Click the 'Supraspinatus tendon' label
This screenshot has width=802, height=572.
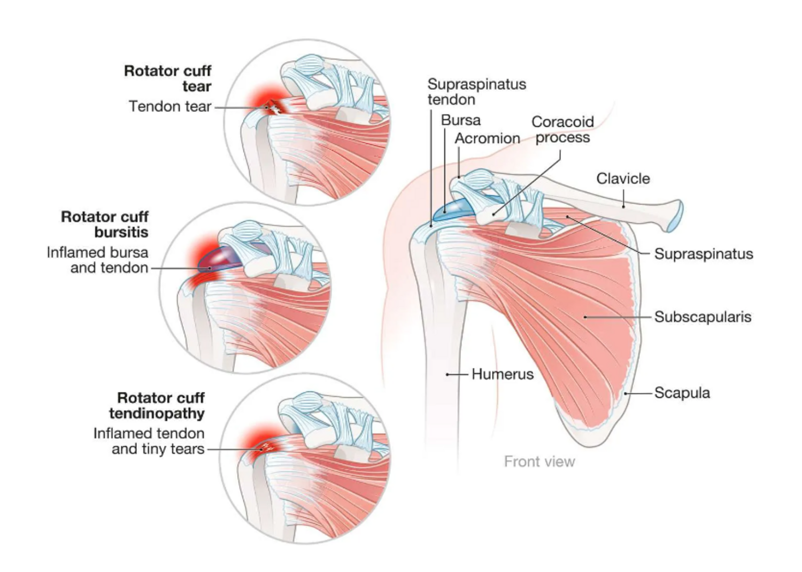[x=476, y=92]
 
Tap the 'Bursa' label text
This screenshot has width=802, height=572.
[x=460, y=120]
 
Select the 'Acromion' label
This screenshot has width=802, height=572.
[x=487, y=138]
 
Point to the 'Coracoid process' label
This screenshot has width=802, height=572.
[x=562, y=130]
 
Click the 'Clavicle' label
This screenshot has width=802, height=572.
[x=623, y=179]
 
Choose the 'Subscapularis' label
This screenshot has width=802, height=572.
[x=703, y=317]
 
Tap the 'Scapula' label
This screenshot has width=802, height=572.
[x=682, y=393]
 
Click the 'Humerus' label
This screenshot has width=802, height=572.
[x=502, y=374]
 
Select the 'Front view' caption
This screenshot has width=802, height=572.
[x=539, y=461]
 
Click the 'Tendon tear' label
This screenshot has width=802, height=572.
[x=170, y=106]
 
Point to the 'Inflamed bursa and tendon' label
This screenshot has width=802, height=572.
[x=98, y=260]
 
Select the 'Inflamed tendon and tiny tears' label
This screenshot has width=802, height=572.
[x=149, y=441]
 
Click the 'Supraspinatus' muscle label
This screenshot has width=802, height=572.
[x=703, y=254]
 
